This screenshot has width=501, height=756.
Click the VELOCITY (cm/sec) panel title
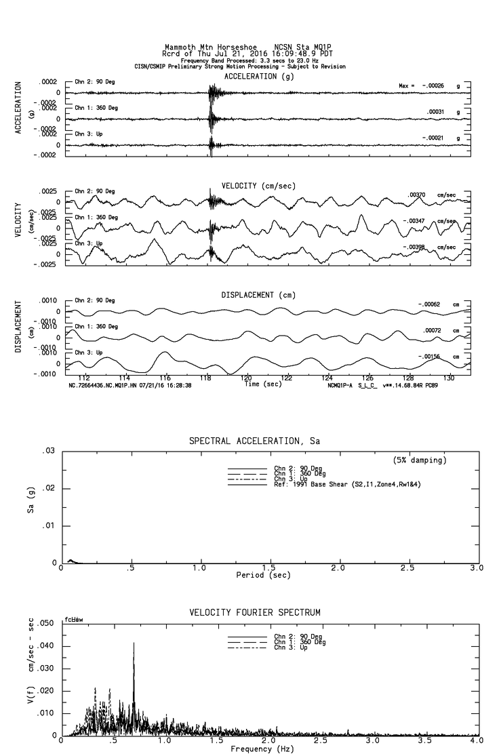click(249, 186)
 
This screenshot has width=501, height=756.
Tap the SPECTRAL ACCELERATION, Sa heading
click(254, 441)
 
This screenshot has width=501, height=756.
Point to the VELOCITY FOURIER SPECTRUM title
click(255, 613)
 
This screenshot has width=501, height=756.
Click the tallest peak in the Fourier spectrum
click(134, 643)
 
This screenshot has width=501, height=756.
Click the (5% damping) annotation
click(420, 460)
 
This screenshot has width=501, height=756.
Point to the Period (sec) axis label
click(264, 574)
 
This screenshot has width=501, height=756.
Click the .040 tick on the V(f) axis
click(45, 645)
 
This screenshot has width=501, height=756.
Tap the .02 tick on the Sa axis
click(49, 489)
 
